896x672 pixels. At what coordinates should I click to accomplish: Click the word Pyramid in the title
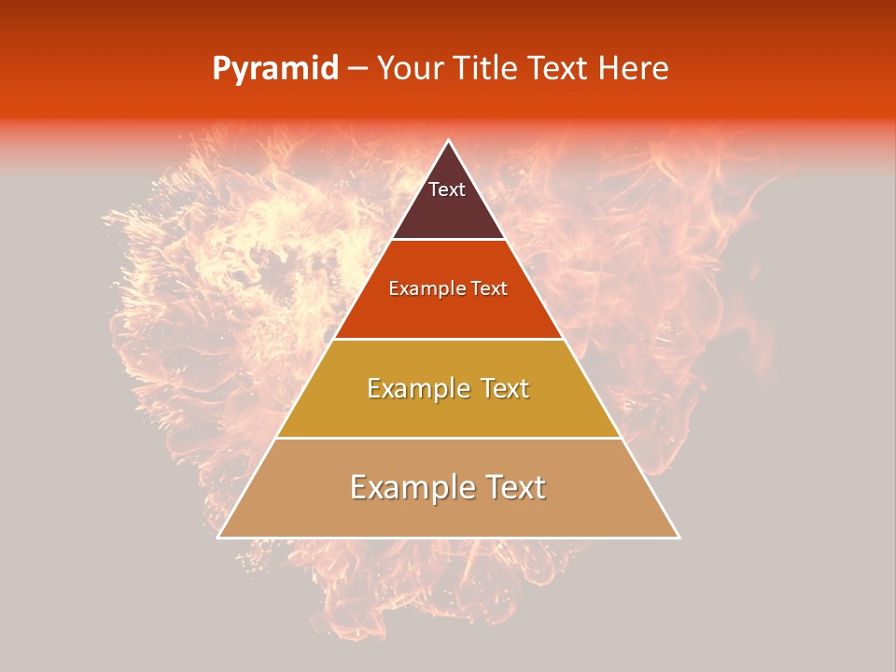(x=275, y=69)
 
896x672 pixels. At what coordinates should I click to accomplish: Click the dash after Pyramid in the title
(x=357, y=69)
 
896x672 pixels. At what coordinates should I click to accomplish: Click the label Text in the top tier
(x=447, y=189)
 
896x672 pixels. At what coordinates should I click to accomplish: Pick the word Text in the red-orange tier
(x=489, y=289)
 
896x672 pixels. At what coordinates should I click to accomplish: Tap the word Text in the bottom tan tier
(x=514, y=487)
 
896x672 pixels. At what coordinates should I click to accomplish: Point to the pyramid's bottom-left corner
(x=218, y=538)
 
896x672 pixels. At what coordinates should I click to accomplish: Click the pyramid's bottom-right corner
(x=679, y=538)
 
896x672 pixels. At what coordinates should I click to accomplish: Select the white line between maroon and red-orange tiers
(x=448, y=240)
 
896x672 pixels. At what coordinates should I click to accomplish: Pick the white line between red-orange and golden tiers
(x=448, y=339)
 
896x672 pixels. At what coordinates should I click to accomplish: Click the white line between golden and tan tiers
(x=448, y=438)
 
